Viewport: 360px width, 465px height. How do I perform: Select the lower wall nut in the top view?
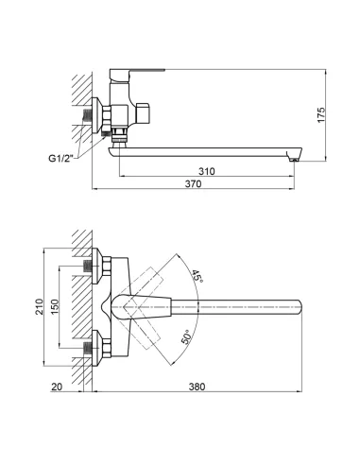[92, 351]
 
